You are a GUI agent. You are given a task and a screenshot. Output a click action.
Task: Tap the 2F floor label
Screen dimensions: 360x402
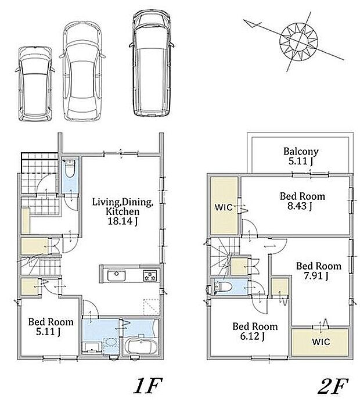(333, 386)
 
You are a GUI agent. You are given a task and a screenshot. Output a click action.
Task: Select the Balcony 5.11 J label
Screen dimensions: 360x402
(301, 156)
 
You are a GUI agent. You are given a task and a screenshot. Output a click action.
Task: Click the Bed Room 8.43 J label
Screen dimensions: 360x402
(303, 201)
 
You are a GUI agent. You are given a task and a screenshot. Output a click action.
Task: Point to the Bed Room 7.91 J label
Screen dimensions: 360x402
(319, 271)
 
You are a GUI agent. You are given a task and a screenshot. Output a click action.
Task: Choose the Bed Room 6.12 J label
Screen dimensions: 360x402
(255, 331)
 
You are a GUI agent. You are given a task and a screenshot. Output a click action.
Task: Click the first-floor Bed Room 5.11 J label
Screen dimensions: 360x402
(51, 326)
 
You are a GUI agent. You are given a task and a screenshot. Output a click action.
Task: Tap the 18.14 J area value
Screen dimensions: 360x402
(123, 221)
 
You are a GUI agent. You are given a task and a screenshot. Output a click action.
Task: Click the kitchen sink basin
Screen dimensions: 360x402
(116, 276)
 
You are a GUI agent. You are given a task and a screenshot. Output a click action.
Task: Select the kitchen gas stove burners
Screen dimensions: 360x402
(150, 276)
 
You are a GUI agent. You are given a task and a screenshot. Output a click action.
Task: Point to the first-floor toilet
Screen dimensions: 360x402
(70, 168)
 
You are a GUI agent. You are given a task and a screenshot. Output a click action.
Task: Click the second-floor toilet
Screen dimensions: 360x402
(222, 286)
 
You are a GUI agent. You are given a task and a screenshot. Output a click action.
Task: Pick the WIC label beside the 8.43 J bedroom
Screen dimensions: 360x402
(224, 207)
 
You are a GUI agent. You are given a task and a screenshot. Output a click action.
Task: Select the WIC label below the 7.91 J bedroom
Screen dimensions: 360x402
(321, 342)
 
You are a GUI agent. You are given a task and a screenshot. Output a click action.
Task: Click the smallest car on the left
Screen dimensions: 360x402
(35, 84)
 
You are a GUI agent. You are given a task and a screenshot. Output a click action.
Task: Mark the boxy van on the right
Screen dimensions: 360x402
(152, 63)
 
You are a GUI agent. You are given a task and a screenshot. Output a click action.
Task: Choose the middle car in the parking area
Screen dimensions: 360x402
(82, 71)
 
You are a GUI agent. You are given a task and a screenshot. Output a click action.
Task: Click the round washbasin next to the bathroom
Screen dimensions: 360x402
(111, 343)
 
